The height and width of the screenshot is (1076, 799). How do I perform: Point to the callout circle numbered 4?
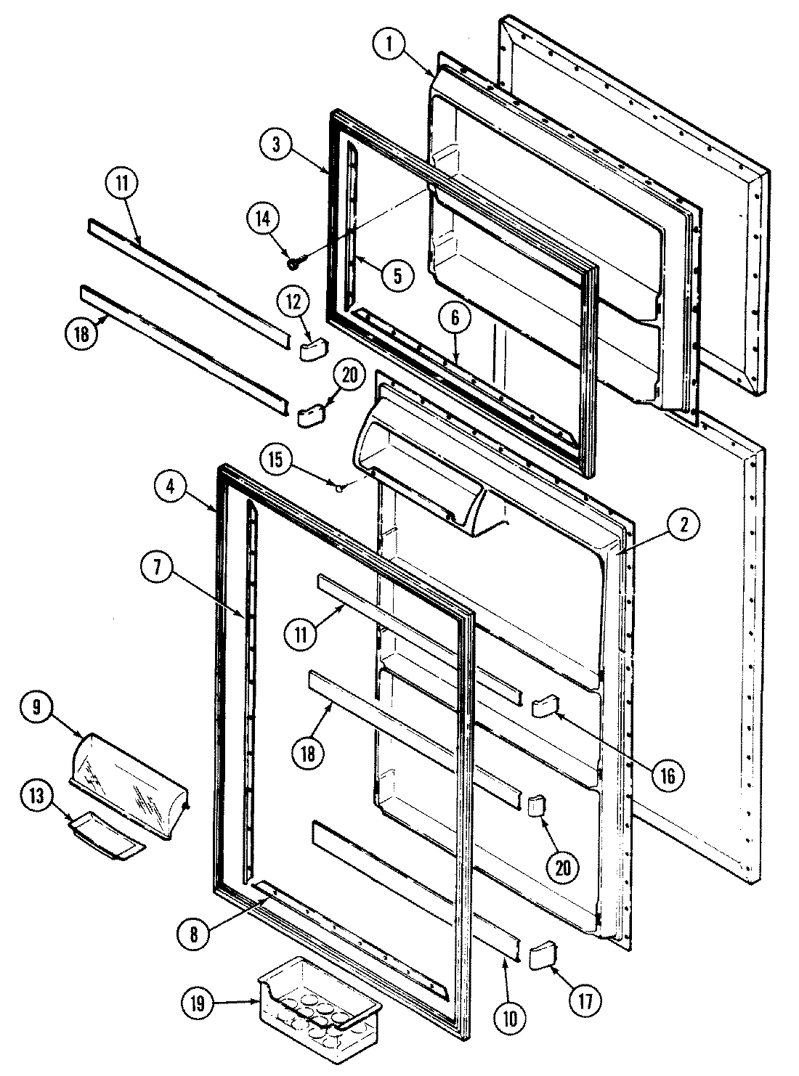tap(170, 488)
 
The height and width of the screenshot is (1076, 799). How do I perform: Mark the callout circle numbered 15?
tap(281, 461)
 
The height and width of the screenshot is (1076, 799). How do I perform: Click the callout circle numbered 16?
tap(666, 776)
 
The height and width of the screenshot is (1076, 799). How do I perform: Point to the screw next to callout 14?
tap(295, 263)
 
